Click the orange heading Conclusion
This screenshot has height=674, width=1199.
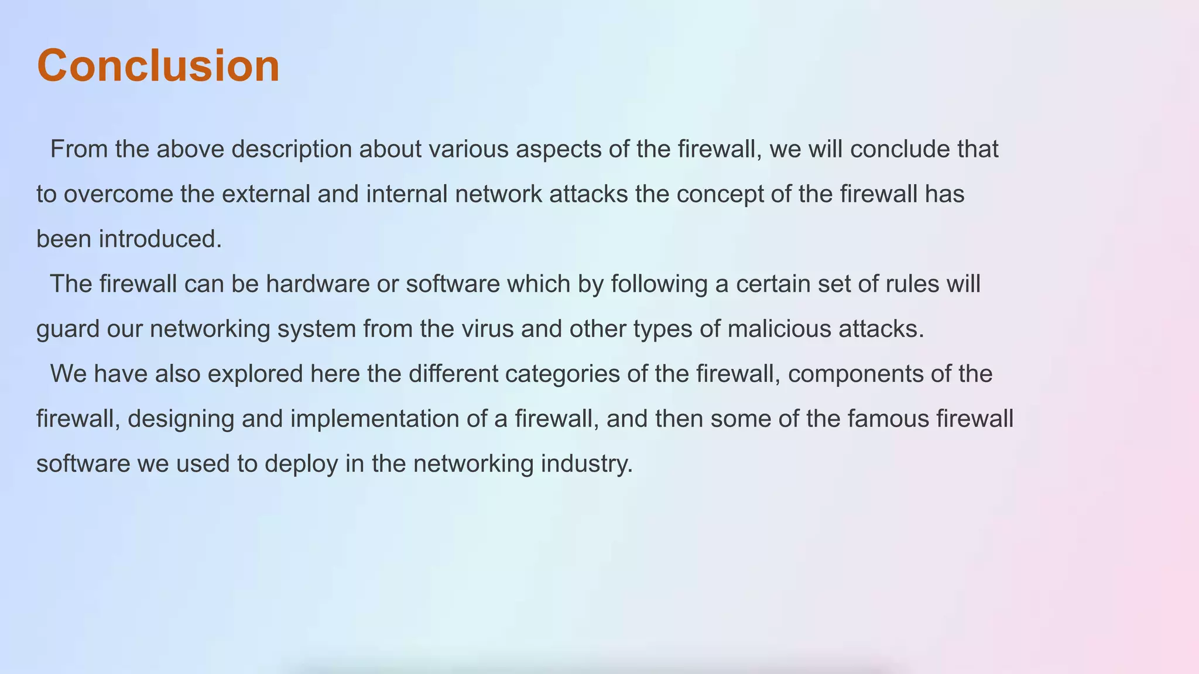[x=158, y=66]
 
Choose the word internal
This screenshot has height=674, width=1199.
[x=406, y=194]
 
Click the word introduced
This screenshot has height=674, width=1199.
[x=160, y=239]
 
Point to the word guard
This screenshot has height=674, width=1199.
[x=68, y=329]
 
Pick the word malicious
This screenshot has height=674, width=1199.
[x=779, y=329]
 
